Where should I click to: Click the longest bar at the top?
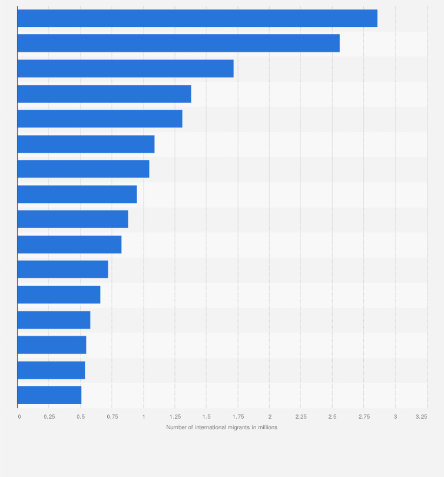197,18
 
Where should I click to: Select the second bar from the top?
178,43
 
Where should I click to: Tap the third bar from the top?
125,68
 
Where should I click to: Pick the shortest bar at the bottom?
49,395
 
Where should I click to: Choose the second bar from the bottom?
51,370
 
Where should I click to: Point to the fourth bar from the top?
104,94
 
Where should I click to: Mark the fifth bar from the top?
100,119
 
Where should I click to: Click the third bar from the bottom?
52,345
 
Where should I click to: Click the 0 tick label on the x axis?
19,416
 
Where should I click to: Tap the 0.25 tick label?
49,416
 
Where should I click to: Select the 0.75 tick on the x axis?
112,416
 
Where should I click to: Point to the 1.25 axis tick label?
175,416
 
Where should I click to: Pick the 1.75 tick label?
238,416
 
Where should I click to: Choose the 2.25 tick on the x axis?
301,416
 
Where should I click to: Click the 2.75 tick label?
364,416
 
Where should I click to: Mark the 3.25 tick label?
420,416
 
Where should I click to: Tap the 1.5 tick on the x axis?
207,416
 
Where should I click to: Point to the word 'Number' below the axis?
175,427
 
